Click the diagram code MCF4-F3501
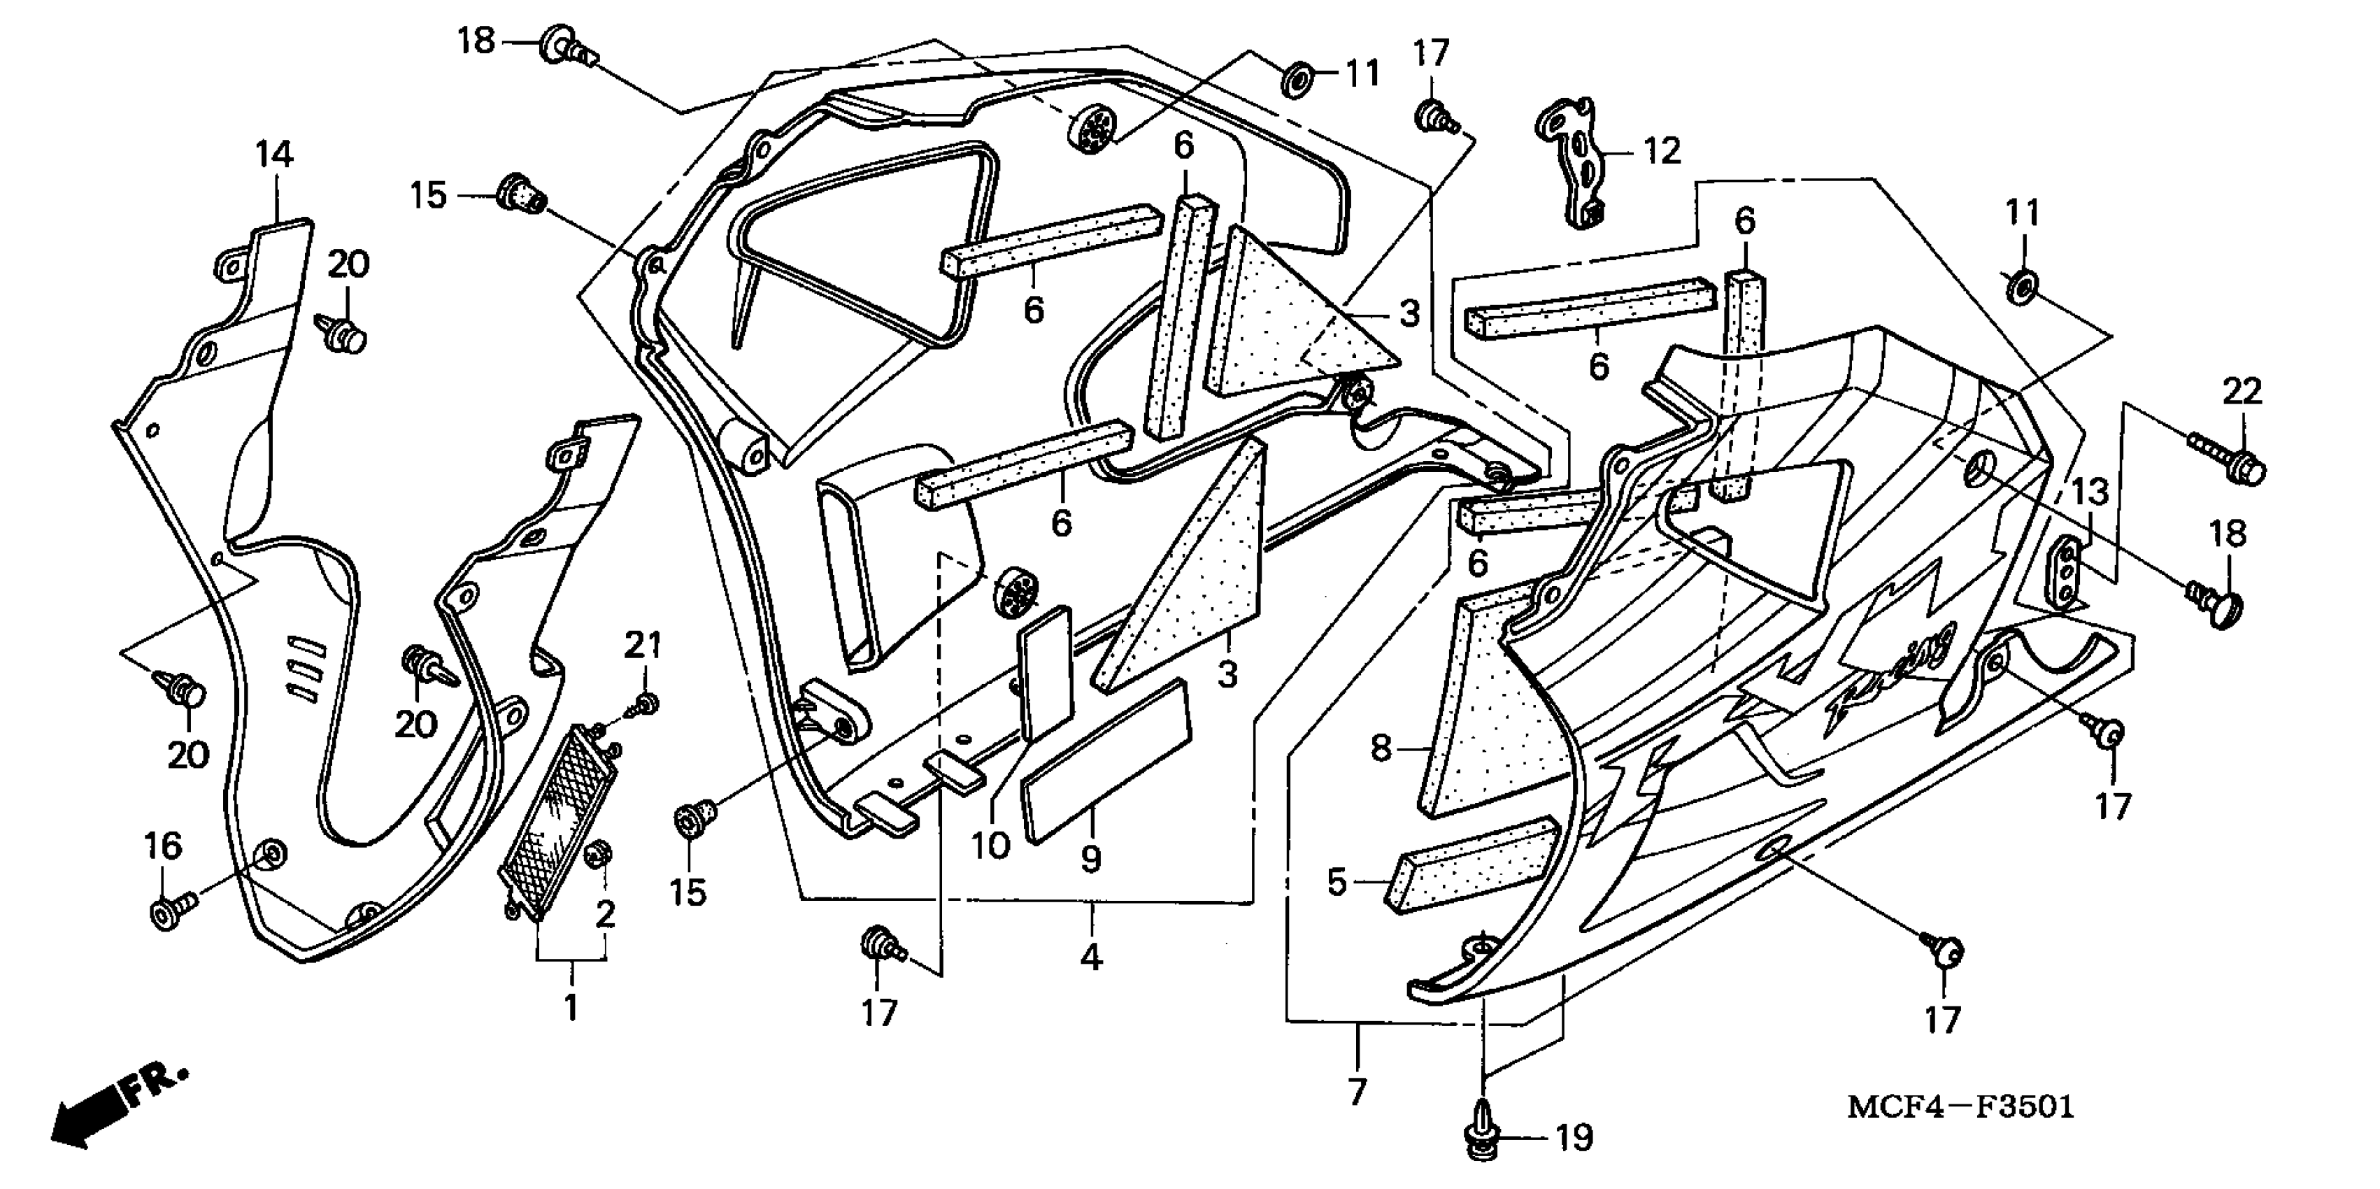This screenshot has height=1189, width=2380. pyautogui.click(x=1960, y=1106)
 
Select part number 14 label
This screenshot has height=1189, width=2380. pyautogui.click(x=274, y=155)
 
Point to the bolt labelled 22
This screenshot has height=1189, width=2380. pyautogui.click(x=2227, y=458)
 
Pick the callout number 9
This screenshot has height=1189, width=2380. pyautogui.click(x=1091, y=859)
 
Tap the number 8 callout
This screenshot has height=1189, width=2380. pyautogui.click(x=1381, y=748)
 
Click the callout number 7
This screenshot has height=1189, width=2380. pyautogui.click(x=1356, y=1091)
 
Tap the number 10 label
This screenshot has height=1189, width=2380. pyautogui.click(x=990, y=844)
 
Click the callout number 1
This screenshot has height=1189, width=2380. pyautogui.click(x=571, y=1006)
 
